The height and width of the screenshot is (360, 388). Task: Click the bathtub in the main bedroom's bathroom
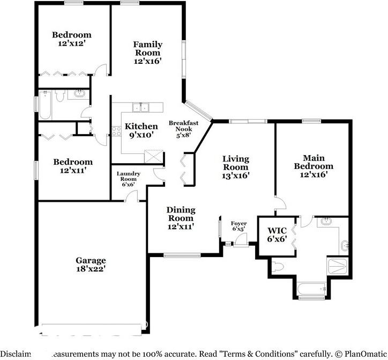(x=310, y=290)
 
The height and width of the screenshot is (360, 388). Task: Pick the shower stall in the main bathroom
(x=338, y=265)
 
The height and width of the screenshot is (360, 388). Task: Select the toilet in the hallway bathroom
(x=60, y=95)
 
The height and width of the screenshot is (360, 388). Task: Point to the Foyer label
(x=238, y=223)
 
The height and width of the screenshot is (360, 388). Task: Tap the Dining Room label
(x=181, y=214)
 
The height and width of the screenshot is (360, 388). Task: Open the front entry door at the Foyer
(x=239, y=243)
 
